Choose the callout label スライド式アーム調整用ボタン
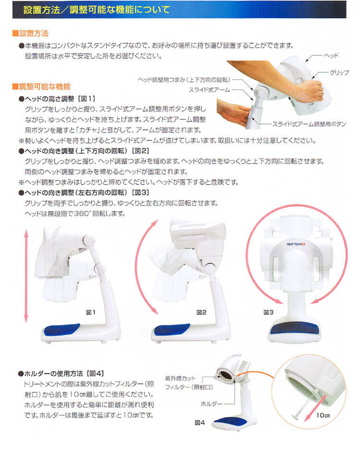pyautogui.click(x=309, y=124)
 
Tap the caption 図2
pyautogui.click(x=201, y=313)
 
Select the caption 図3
pyautogui.click(x=269, y=313)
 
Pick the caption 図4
pyautogui.click(x=200, y=422)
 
